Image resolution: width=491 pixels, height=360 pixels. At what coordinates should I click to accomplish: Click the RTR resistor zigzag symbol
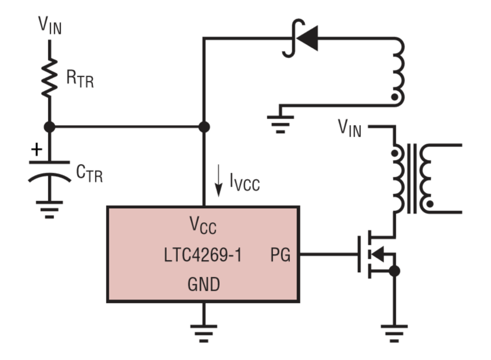point(49,78)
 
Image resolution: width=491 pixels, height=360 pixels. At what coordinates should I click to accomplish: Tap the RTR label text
point(80,79)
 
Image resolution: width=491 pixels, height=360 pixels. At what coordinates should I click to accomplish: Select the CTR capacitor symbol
point(49,172)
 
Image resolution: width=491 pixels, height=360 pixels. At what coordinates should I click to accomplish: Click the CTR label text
point(89,173)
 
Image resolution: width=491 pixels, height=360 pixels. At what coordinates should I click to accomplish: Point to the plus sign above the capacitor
point(37,149)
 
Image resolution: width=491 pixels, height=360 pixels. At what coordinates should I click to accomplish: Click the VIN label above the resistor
point(50,25)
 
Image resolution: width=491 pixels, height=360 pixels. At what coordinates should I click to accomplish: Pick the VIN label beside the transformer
point(349,128)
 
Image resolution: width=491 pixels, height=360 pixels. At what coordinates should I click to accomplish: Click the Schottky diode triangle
point(307,38)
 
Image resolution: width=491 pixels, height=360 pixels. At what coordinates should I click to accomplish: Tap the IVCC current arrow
point(218,181)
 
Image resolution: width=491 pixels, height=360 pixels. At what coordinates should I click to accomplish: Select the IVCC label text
point(245,183)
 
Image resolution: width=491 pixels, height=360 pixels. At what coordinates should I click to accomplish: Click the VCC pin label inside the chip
point(203,225)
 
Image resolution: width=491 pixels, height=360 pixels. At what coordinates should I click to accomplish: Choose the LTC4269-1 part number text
point(203,255)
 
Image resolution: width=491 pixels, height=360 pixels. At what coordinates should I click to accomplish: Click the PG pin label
point(280,255)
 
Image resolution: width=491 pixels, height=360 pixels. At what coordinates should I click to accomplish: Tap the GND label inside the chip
point(203,284)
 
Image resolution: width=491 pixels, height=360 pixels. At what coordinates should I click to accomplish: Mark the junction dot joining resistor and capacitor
point(49,127)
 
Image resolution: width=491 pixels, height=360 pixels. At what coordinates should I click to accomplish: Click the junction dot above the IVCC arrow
point(204,127)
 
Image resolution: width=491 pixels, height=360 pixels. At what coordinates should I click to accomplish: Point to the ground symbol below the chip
point(203,333)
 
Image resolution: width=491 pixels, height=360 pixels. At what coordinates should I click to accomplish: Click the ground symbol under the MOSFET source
point(394,333)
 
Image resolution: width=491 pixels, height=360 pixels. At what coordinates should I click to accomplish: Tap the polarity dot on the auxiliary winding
point(395,97)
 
